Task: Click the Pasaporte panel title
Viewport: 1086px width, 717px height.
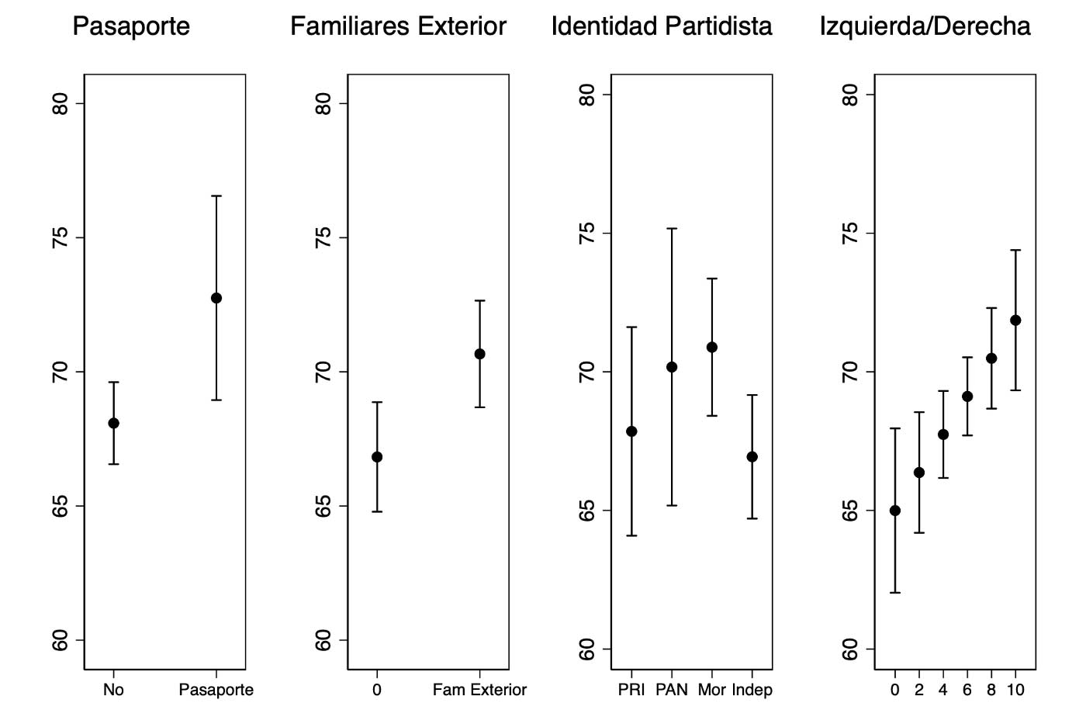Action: (131, 27)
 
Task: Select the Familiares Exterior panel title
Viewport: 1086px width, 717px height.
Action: (398, 27)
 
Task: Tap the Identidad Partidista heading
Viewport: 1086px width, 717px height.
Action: (662, 27)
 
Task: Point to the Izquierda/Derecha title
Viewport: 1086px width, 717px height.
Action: (925, 27)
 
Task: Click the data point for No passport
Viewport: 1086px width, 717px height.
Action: (113, 423)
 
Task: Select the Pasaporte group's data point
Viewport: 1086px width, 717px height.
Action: (216, 298)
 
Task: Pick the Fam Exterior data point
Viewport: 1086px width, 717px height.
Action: (479, 354)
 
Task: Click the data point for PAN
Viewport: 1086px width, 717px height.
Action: (672, 367)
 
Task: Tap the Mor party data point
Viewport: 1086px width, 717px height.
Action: (712, 347)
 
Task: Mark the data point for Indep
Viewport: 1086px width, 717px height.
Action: (752, 457)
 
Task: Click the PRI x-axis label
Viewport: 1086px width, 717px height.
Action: (631, 690)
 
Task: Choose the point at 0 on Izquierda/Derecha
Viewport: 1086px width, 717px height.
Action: (895, 511)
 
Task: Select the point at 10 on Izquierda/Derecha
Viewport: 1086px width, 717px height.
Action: (1015, 320)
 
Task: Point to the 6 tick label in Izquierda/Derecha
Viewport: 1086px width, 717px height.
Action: (967, 690)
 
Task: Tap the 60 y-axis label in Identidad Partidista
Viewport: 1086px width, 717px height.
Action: (587, 649)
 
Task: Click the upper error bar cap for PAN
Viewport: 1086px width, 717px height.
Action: (672, 229)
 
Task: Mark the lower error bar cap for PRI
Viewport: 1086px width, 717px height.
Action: (631, 535)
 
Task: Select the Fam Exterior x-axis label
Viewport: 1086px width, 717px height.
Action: (479, 690)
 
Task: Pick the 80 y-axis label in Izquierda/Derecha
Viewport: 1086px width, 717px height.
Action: (851, 95)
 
